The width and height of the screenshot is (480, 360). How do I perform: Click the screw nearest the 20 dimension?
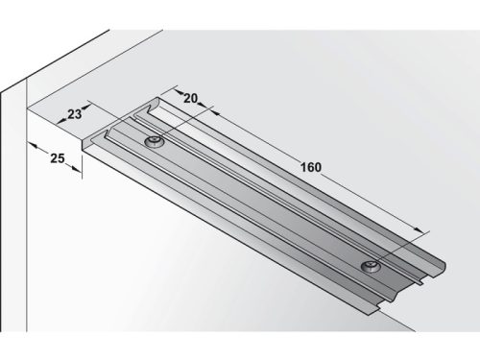(x=154, y=142)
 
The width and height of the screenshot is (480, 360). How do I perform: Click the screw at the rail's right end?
(x=369, y=265)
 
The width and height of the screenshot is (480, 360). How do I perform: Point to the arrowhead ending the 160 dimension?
(x=420, y=229)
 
